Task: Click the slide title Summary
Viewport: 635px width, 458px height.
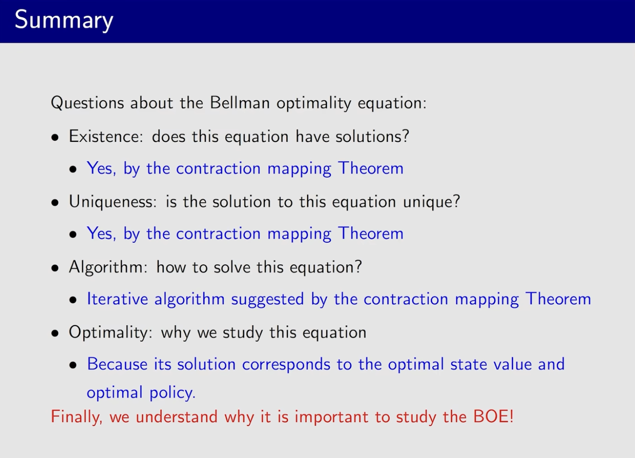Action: point(64,20)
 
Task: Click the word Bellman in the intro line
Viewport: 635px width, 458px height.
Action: point(239,102)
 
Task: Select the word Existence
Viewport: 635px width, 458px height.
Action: point(106,136)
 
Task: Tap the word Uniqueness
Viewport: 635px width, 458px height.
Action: point(113,202)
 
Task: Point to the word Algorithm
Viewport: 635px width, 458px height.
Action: point(108,267)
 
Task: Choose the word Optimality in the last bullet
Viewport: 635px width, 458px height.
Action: point(110,332)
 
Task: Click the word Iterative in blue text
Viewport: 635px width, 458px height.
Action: point(118,299)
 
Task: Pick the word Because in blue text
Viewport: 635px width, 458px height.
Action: point(117,364)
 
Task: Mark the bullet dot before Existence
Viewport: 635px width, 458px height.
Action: point(55,138)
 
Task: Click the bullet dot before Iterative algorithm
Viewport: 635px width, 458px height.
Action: point(73,300)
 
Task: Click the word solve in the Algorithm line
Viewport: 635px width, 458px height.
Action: point(232,267)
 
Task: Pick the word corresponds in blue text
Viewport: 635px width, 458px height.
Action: point(286,365)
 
